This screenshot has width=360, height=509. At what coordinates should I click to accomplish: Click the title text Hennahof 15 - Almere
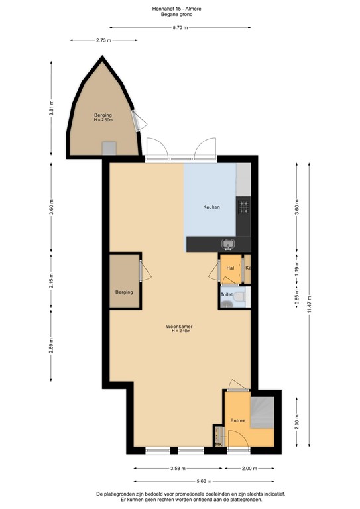(180, 8)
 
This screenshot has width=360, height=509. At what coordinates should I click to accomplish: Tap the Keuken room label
(211, 207)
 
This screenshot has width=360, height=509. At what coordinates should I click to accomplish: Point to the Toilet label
(226, 293)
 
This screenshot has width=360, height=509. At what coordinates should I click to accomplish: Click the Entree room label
(238, 420)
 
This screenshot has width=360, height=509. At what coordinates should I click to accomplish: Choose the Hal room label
(230, 268)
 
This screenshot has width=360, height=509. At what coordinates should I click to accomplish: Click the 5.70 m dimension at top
(180, 27)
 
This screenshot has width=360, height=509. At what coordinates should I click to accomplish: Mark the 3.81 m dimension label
(51, 108)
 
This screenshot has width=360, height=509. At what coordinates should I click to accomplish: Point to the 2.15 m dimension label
(51, 280)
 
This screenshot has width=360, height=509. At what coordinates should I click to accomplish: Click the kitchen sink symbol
(227, 243)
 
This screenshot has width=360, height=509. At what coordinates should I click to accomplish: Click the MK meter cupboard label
(217, 444)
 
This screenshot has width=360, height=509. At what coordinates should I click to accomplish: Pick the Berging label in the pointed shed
(103, 116)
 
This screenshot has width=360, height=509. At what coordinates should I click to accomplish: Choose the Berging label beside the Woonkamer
(124, 292)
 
